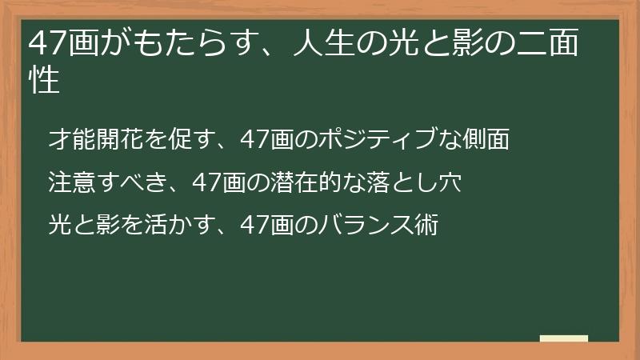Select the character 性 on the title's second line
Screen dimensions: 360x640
[x=44, y=80]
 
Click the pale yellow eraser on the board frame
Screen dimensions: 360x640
[x=563, y=339]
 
